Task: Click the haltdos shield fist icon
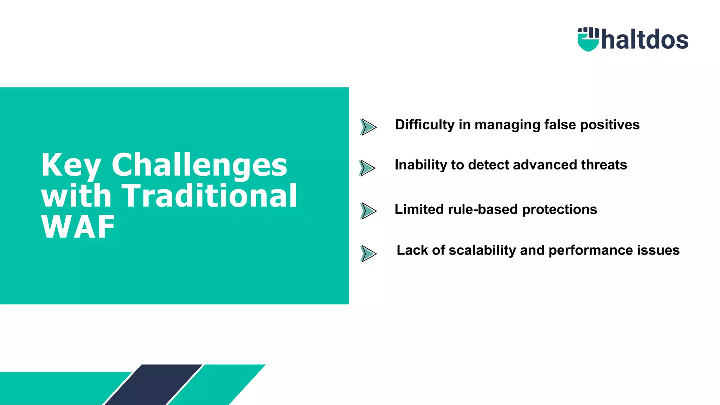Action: coord(588,39)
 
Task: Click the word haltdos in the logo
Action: coord(645,40)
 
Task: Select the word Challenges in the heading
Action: coord(199,165)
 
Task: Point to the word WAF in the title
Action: coord(78,227)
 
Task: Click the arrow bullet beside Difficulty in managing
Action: coord(368,127)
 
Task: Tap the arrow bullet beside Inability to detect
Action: coord(367,168)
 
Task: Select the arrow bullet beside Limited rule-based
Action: coord(368,211)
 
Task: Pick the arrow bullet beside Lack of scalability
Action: coord(368,253)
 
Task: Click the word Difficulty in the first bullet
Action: coord(425,125)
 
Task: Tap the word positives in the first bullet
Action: coord(610,125)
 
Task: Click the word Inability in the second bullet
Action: coord(420,165)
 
